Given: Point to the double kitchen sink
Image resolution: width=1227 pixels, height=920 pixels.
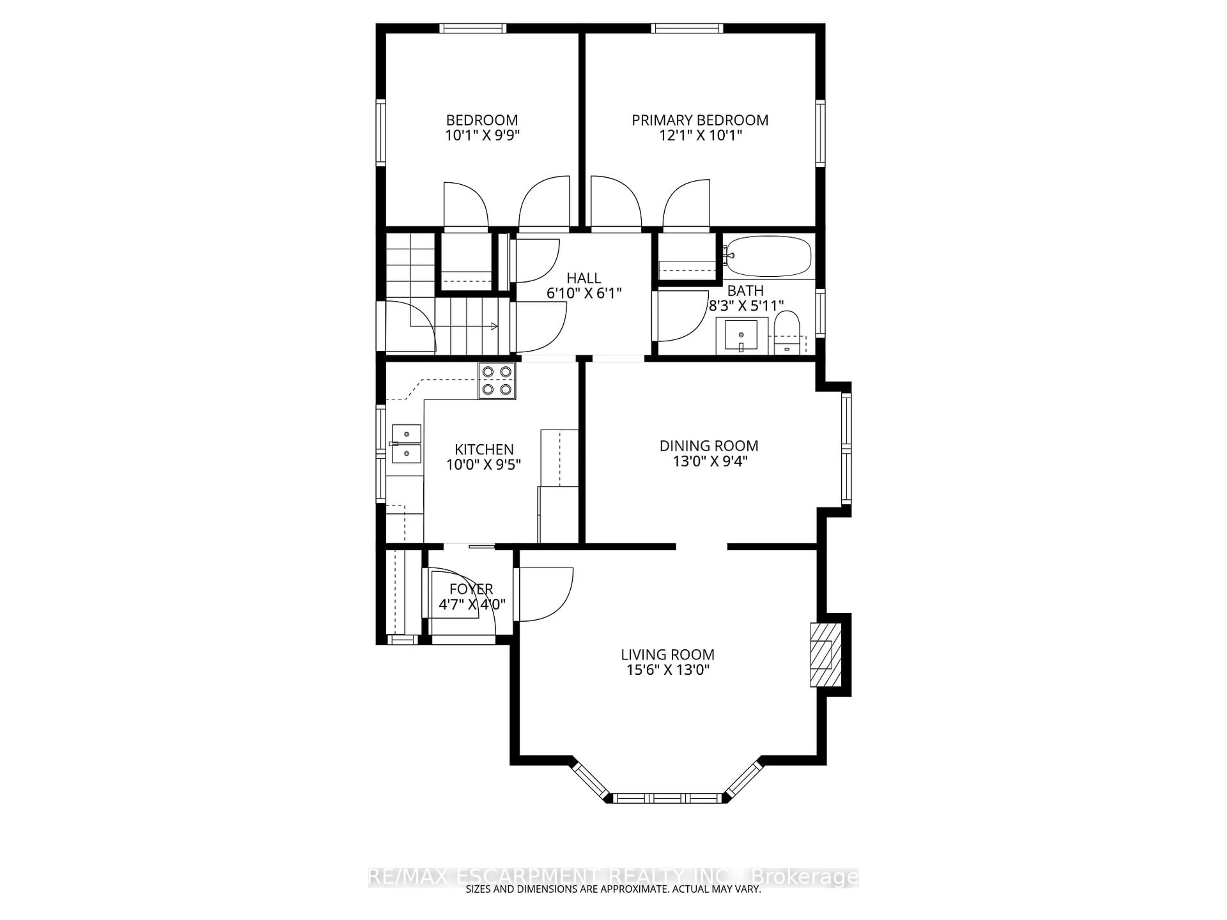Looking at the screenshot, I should (406, 444).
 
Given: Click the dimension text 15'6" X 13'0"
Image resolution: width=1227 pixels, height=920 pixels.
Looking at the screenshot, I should (668, 670).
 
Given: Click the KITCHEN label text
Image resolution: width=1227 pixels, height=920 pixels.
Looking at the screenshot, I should (484, 449).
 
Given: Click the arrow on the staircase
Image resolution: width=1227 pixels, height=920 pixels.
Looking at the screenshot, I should (493, 326).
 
